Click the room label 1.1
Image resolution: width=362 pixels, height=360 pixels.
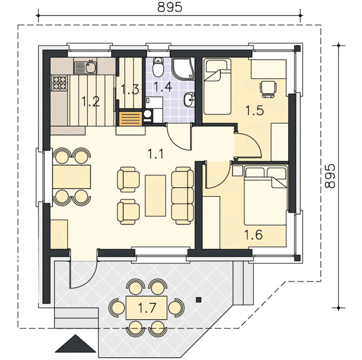tap(156, 154)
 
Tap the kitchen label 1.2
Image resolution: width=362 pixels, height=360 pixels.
tap(91, 102)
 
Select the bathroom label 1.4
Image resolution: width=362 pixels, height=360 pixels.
tap(163, 87)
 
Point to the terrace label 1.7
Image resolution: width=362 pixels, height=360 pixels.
tap(147, 308)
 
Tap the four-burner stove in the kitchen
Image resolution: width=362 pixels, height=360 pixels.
tap(60, 83)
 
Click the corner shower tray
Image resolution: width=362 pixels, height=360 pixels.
tap(182, 69)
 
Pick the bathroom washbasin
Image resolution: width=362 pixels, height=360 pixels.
tap(189, 100)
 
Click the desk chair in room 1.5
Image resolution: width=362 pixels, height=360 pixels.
tap(268, 89)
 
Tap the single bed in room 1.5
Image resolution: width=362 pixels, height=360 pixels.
tap(217, 87)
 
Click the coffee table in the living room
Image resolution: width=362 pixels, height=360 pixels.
tap(155, 196)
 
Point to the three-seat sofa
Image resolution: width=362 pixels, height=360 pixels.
tap(182, 195)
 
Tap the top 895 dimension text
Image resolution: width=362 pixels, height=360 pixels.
tap(170, 7)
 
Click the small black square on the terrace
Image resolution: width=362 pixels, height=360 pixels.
tap(199, 300)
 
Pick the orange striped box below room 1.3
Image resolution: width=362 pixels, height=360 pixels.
tap(130, 119)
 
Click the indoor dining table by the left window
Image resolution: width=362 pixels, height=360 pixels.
tap(72, 177)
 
